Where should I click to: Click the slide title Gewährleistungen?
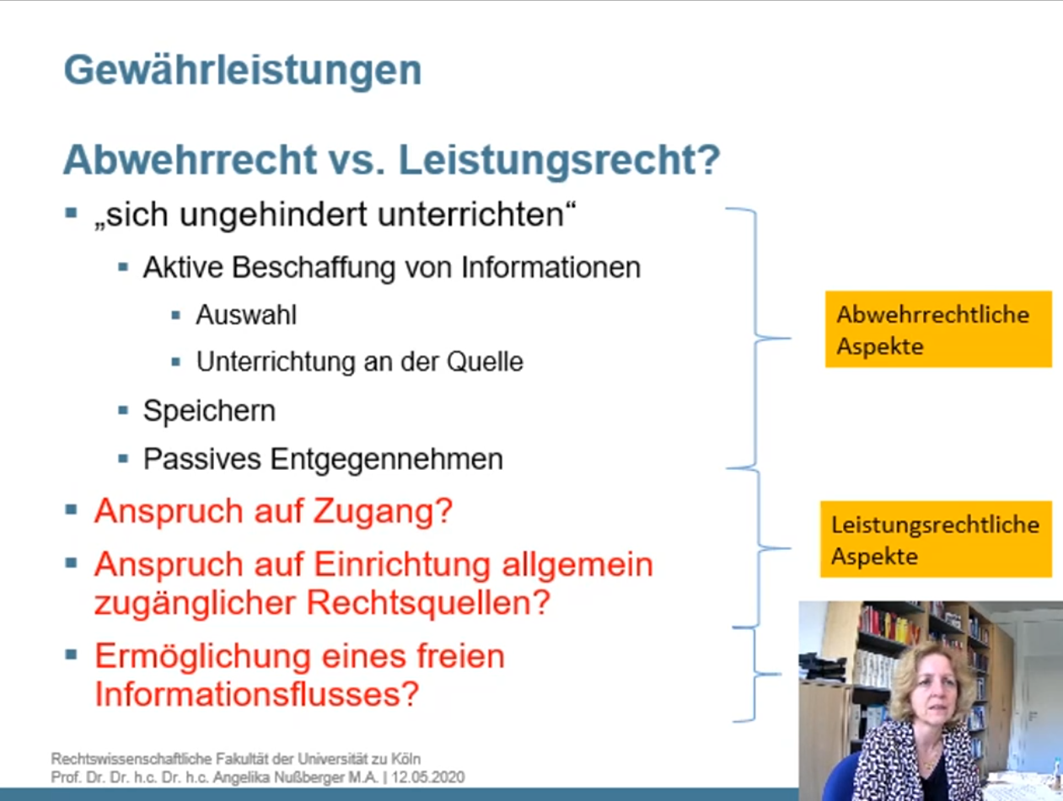coord(243,72)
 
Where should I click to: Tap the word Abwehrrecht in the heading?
coord(191,160)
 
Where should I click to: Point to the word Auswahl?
coord(246,315)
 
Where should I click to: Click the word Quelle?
coord(485,362)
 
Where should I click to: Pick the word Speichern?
coord(209,412)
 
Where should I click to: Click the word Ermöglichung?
coord(202,658)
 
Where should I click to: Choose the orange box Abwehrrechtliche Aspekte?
coord(938,329)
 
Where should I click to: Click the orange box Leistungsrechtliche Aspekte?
coord(936,539)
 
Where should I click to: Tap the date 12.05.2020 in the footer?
coord(428,777)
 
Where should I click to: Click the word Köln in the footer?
coord(404,758)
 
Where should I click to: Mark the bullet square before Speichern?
coord(123,411)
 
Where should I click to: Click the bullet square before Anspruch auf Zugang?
coord(71,510)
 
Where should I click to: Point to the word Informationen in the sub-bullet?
coord(550,268)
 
